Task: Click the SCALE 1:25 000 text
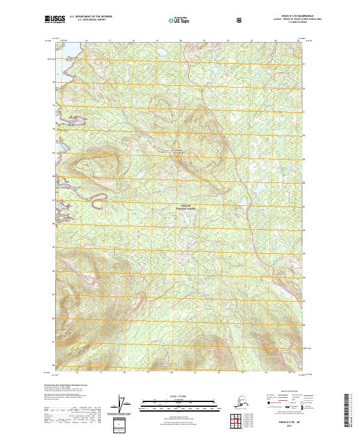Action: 178,397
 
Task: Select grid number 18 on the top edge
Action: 133,41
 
